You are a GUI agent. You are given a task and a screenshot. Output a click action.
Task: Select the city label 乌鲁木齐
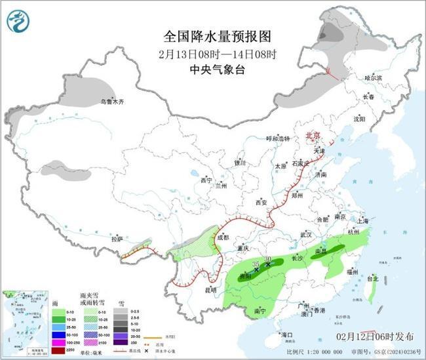coord(111,102)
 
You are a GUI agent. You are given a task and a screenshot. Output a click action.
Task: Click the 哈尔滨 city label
coord(372,78)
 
